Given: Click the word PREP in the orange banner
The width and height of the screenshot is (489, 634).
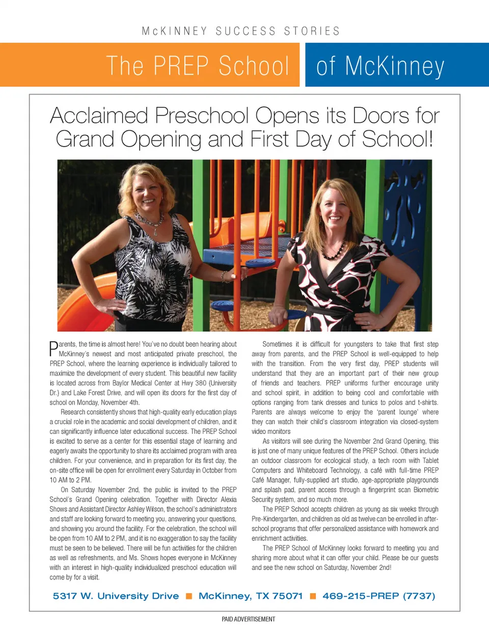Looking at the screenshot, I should [x=181, y=66].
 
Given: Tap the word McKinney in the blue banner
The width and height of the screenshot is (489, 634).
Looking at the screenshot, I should [x=394, y=67].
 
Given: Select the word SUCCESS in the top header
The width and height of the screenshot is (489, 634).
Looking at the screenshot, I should [x=246, y=31].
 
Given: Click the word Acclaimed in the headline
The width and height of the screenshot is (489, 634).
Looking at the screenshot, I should [x=99, y=116].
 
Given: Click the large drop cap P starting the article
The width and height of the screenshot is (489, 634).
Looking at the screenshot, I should [x=53, y=348].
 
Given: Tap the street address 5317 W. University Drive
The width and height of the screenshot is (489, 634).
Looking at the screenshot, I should [x=116, y=596].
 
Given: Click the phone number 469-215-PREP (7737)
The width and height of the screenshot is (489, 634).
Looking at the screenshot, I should [x=378, y=596].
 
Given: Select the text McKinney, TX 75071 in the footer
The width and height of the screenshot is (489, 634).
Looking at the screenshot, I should [x=251, y=596].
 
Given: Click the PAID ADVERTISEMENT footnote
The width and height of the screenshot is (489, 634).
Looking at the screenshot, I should [x=248, y=619].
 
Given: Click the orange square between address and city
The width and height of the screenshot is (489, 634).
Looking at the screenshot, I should [x=189, y=596].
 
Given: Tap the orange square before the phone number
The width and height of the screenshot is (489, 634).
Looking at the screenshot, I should [x=313, y=596].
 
